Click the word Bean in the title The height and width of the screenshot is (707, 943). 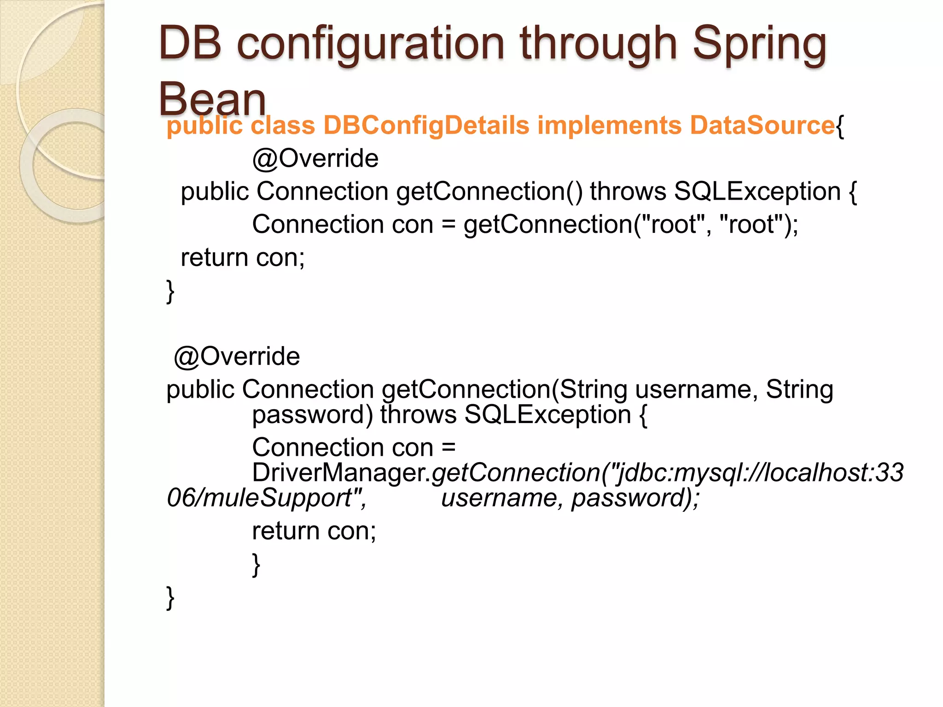point(212,99)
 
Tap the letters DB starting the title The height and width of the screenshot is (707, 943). point(190,43)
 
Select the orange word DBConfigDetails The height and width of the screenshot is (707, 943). point(426,125)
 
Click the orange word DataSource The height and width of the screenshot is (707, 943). point(762,125)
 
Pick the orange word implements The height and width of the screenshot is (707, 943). point(609,125)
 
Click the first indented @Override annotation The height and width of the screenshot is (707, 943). point(315,159)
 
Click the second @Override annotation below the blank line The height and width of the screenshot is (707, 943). point(237,357)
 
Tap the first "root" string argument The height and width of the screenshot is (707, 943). point(673,225)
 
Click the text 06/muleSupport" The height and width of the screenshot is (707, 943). point(266,498)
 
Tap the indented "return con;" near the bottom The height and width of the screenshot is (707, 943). point(314,531)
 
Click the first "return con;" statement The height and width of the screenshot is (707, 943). point(243,258)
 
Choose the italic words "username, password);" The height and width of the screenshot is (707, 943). point(570,498)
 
